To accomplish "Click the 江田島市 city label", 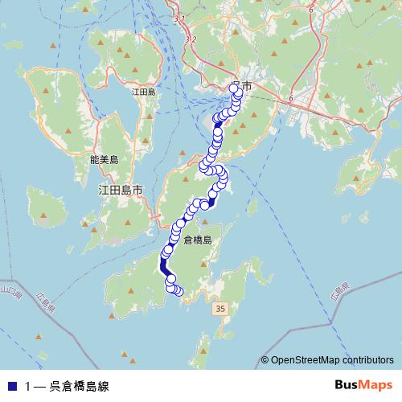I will [x=120, y=191].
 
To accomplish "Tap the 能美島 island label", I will [x=105, y=160].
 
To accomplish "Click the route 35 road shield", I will [x=220, y=309].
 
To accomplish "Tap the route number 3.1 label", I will [x=179, y=18].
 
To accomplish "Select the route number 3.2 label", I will [x=190, y=38].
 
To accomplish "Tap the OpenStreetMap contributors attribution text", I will [x=332, y=360].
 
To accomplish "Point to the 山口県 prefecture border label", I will [x=7, y=289].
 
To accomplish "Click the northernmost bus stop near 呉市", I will [x=236, y=87].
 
